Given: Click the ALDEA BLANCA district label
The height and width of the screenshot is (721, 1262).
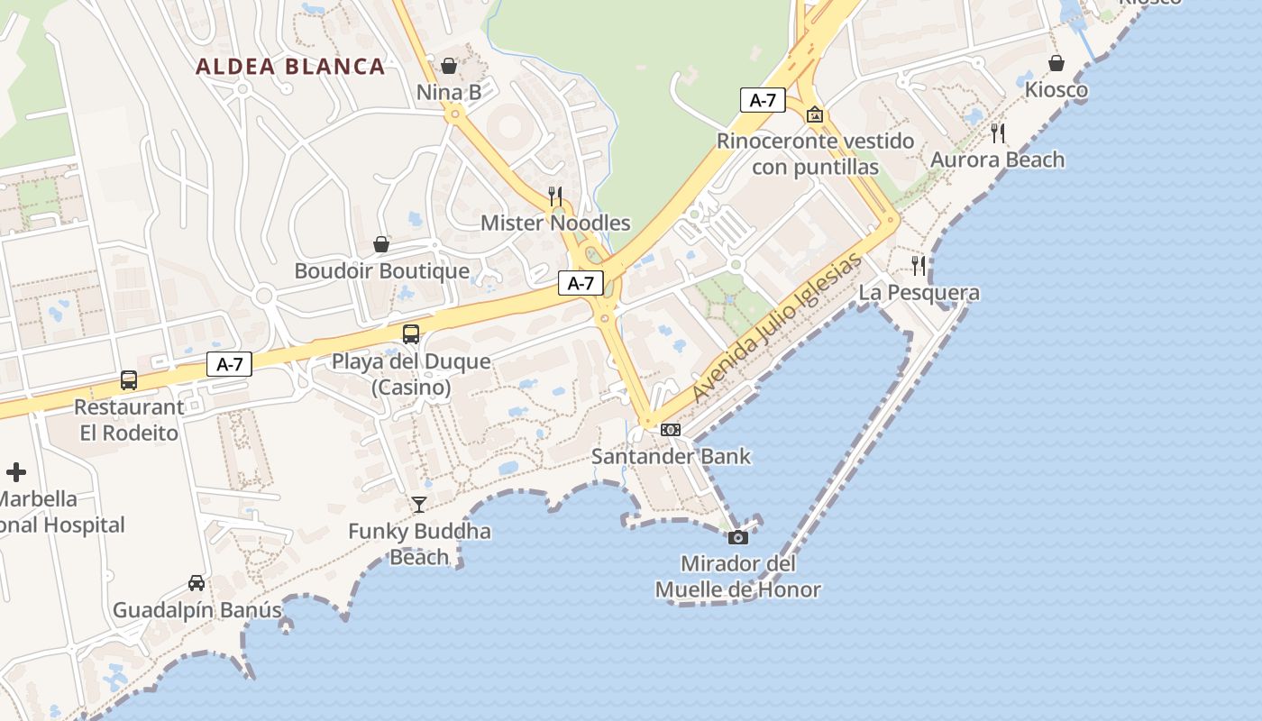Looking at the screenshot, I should [290, 66].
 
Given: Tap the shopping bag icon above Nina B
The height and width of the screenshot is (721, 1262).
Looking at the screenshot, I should [449, 66].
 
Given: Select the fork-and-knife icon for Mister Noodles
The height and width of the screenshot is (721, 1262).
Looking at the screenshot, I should [555, 196].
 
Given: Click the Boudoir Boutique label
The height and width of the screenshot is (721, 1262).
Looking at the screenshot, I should [382, 270].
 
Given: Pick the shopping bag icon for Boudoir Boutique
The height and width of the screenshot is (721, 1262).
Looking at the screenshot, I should [381, 244].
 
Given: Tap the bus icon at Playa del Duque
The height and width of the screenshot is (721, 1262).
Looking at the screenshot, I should [411, 334].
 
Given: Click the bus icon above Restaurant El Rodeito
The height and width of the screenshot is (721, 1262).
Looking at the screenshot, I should [129, 380].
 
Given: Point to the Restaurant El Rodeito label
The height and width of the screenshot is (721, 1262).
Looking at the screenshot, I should [129, 419].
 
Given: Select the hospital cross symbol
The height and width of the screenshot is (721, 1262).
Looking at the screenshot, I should [16, 471].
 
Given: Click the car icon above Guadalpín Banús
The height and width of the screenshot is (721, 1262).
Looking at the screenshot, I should [197, 583].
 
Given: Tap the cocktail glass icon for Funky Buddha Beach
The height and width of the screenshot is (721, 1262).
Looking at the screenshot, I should [419, 504].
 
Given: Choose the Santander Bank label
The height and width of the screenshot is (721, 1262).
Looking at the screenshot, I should [671, 456].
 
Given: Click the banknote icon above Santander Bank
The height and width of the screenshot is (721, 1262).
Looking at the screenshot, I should [671, 430].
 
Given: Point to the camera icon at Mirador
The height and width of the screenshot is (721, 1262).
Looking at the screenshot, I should [738, 537].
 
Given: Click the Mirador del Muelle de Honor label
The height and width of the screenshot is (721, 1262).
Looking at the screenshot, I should [738, 577].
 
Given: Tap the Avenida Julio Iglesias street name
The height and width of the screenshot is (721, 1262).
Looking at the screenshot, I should [777, 330].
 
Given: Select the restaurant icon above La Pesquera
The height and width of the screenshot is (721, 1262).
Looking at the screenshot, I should [919, 266].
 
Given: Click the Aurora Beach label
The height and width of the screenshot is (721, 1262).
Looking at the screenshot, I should [997, 160].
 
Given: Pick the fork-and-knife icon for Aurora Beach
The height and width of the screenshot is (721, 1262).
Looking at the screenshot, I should [998, 133].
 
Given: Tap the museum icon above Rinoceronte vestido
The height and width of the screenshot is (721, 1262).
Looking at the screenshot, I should [815, 114].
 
